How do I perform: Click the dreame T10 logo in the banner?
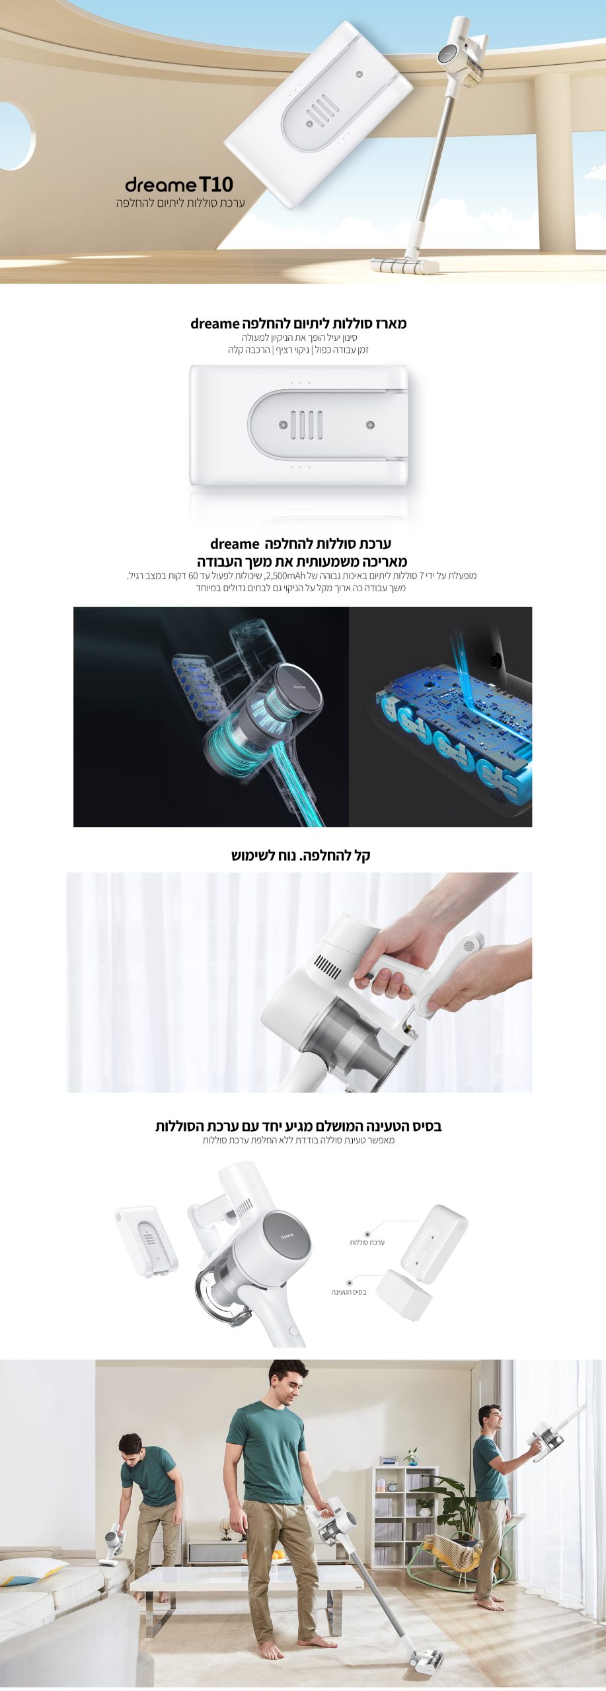pos(179,184)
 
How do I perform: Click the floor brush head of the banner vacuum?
pos(405,266)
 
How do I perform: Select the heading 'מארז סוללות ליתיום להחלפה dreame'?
pos(299,324)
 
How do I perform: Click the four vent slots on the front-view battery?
pos(307,425)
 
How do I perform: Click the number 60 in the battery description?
pos(193,575)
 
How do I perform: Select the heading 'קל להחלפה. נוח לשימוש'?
pos(301,855)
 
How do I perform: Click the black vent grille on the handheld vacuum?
pos(327,966)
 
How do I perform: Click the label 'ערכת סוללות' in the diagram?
pos(367,1242)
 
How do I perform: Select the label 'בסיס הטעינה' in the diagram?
pos(349,1292)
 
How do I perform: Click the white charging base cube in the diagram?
pos(404,1295)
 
